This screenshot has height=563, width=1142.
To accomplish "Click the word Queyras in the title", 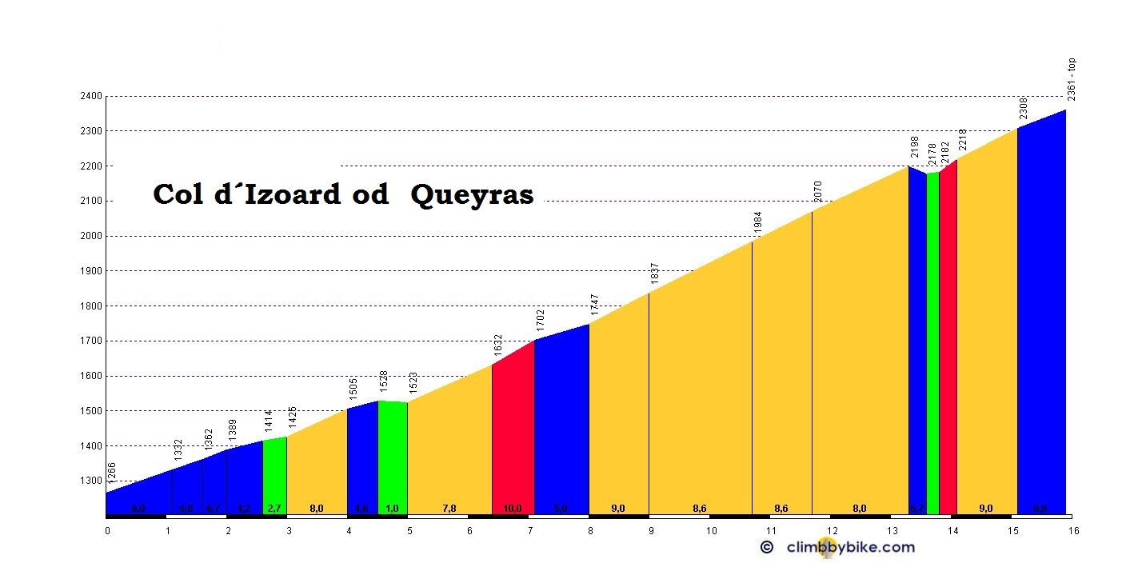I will (472, 194).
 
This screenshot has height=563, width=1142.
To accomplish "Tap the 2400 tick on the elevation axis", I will (91, 97).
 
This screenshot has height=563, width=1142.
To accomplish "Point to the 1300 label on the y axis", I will (91, 481).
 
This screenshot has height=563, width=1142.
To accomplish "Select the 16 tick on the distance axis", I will (1073, 530).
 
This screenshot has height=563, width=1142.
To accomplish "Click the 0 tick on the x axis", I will (107, 530).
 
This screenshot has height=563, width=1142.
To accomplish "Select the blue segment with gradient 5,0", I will (561, 432).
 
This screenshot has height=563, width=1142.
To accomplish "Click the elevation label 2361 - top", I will (1072, 79).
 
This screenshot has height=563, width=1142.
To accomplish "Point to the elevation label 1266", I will (112, 473).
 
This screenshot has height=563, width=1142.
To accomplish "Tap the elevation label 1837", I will (654, 274).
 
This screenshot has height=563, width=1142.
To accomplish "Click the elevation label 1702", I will (540, 321).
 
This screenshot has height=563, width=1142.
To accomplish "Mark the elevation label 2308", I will (1023, 109).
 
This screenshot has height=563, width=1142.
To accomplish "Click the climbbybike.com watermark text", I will (851, 547).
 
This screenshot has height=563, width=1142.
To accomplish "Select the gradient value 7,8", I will (449, 509).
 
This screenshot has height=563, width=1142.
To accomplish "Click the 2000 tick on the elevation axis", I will (91, 237).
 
